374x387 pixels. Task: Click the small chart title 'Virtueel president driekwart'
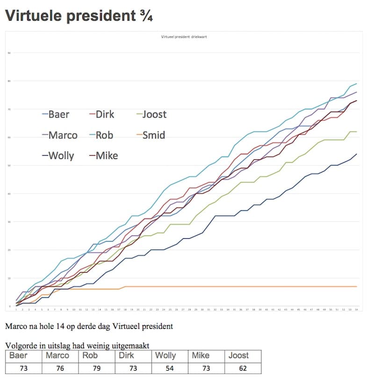[183, 37]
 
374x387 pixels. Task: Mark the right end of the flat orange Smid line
[357, 287]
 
